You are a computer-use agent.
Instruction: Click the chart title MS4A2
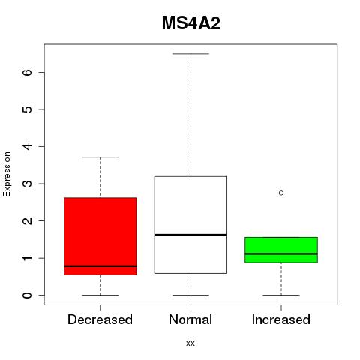191,23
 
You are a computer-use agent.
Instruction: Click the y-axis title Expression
7,175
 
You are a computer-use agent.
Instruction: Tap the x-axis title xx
190,343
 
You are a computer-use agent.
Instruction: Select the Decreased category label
100,319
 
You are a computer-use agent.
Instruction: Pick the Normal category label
190,319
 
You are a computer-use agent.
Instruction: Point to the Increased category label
281,319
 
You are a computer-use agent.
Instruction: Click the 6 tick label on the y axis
28,72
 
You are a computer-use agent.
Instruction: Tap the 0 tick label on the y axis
28,295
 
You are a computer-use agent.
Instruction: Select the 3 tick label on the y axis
28,184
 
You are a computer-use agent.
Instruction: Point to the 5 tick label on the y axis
28,109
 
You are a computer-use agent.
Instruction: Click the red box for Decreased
100,236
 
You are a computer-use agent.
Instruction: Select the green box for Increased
281,250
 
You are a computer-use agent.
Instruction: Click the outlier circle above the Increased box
281,193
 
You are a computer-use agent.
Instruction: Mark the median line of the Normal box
190,235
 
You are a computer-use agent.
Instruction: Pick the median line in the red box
100,266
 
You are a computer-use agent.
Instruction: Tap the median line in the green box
281,253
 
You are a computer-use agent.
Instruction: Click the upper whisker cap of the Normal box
190,54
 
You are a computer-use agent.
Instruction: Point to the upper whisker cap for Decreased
100,157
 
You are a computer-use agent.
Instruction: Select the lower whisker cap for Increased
281,295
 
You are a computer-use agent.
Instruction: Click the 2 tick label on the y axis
28,221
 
